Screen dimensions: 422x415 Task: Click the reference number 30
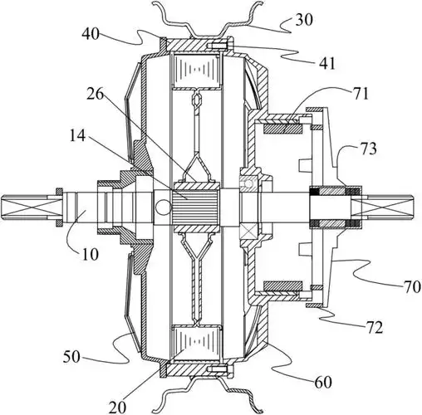[304, 20]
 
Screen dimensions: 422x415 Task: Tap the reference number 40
[91, 34]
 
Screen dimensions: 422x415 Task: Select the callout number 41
[327, 64]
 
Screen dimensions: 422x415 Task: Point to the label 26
[95, 95]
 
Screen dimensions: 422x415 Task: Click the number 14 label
[78, 135]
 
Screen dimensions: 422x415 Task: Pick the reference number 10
[90, 254]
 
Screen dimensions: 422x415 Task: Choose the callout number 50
[71, 357]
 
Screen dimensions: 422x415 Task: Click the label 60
[323, 383]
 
